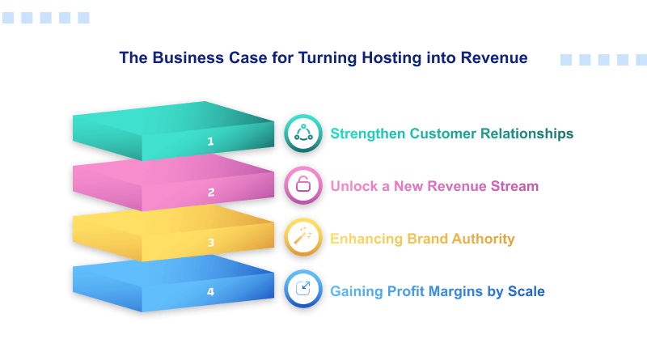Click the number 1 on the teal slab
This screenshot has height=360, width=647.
click(x=210, y=142)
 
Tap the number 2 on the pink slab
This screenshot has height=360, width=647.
click(x=210, y=193)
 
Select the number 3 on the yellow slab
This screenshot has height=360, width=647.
click(x=210, y=242)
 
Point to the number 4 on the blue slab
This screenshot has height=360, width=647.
click(x=210, y=291)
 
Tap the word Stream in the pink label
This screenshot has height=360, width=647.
click(x=513, y=186)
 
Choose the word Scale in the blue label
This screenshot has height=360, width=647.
click(x=526, y=290)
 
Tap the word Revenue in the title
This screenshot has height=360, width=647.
click(x=493, y=58)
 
